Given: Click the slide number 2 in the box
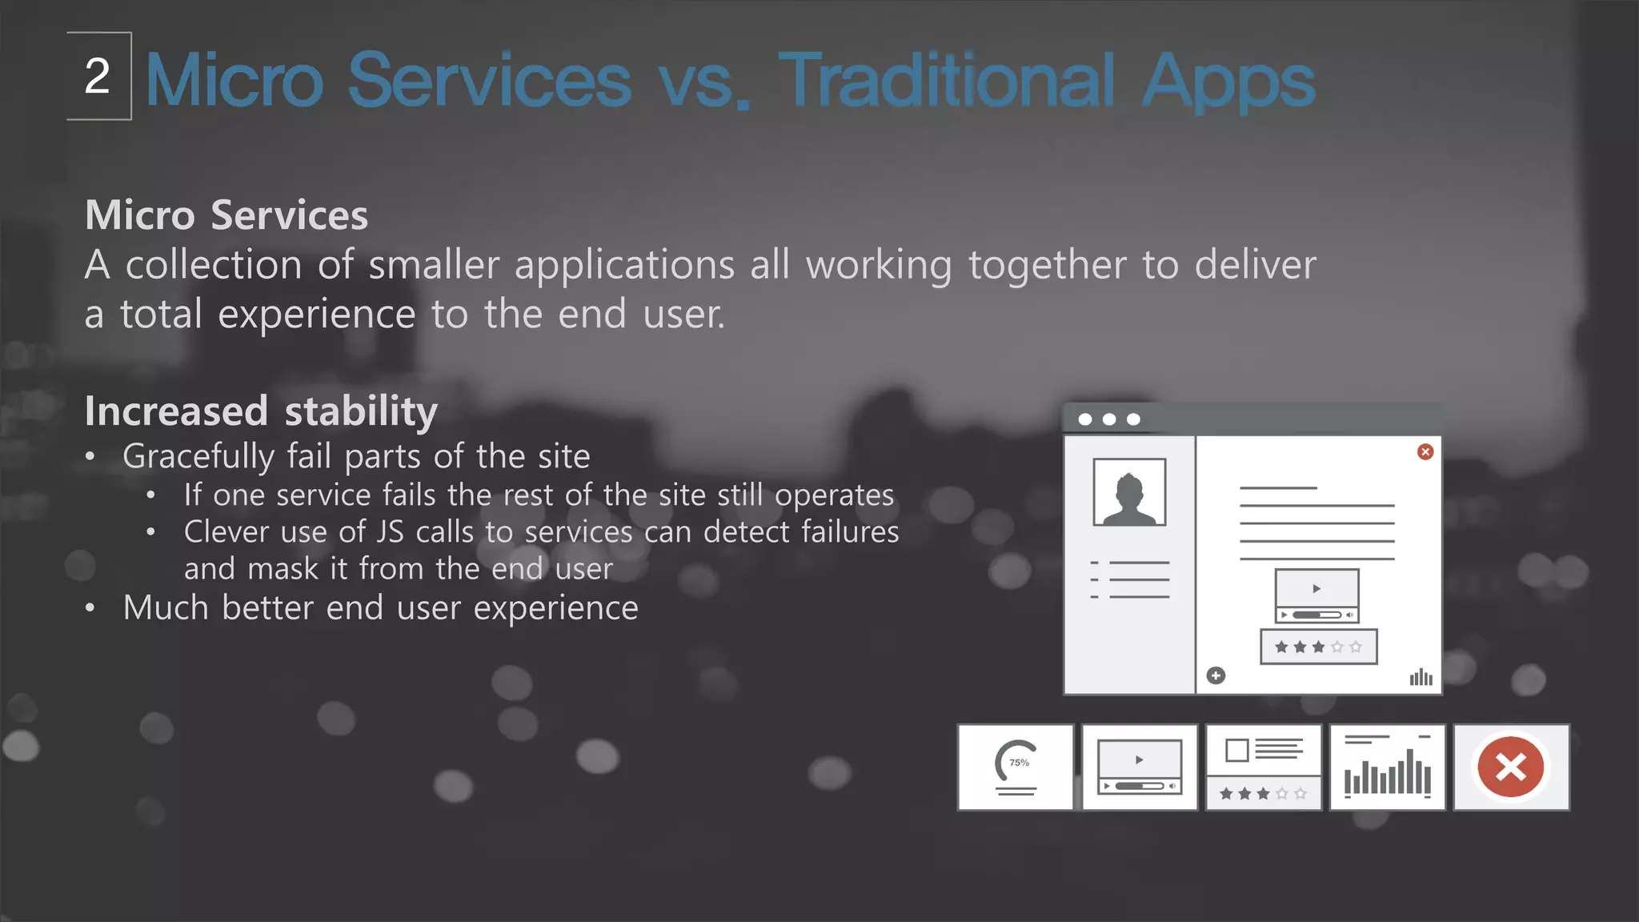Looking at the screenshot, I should pyautogui.click(x=97, y=76).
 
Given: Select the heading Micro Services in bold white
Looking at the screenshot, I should pyautogui.click(x=226, y=215).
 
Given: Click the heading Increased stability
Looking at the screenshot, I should pyautogui.click(x=261, y=411).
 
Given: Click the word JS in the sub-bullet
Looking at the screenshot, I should pyautogui.click(x=391, y=532).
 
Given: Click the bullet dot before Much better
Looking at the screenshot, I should pyautogui.click(x=90, y=608).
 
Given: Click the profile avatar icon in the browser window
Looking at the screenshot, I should pyautogui.click(x=1129, y=492).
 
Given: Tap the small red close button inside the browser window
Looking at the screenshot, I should pyautogui.click(x=1425, y=452).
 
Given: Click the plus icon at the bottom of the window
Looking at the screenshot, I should pyautogui.click(x=1216, y=676).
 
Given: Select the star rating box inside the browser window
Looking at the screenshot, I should pyautogui.click(x=1318, y=647).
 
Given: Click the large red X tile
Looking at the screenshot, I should pyautogui.click(x=1511, y=768).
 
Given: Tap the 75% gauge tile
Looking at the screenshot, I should pyautogui.click(x=1016, y=768).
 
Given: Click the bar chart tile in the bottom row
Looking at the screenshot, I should pyautogui.click(x=1387, y=768).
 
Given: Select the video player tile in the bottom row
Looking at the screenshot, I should pyautogui.click(x=1140, y=768).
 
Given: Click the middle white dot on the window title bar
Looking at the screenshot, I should pyautogui.click(x=1109, y=419).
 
